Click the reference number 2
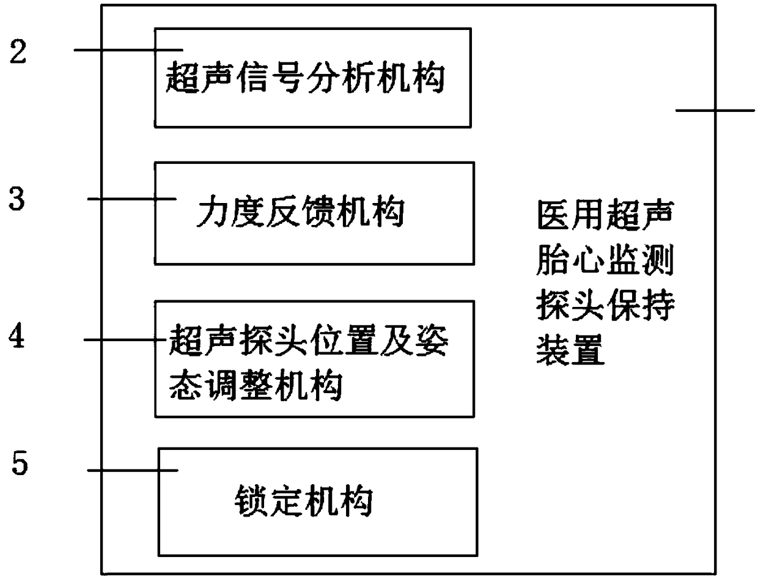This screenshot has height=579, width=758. tap(19, 53)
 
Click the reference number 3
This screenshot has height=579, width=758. tap(19, 200)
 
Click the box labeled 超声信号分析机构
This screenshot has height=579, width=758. tap(312, 77)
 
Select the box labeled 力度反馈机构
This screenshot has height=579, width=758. tap(314, 213)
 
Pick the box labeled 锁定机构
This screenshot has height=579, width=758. tap(317, 501)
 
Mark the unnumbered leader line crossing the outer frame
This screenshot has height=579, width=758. tap(715, 111)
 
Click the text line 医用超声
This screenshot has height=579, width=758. tap(604, 217)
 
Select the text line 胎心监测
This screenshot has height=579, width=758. tap(604, 263)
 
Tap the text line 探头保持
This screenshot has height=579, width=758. tap(604, 307)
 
